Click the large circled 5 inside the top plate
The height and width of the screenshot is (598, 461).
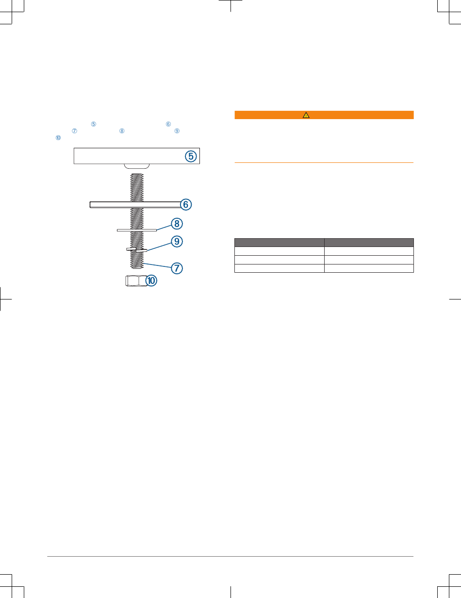(191, 156)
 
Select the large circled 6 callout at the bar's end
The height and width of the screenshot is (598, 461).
(184, 205)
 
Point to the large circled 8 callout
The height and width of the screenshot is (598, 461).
(177, 224)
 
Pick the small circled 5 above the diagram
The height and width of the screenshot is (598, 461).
(94, 124)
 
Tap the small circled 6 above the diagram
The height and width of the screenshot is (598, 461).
(168, 124)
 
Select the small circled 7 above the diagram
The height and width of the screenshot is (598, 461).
(74, 131)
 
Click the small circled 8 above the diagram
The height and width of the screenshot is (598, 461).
(122, 131)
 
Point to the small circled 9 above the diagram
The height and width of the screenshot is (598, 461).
(177, 131)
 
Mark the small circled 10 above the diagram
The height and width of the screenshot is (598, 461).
(58, 138)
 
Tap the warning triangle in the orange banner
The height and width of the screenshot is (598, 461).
(306, 115)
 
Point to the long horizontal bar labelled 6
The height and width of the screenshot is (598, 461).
(131, 205)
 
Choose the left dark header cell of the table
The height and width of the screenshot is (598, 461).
(279, 242)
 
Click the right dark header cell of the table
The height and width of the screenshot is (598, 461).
(369, 242)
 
